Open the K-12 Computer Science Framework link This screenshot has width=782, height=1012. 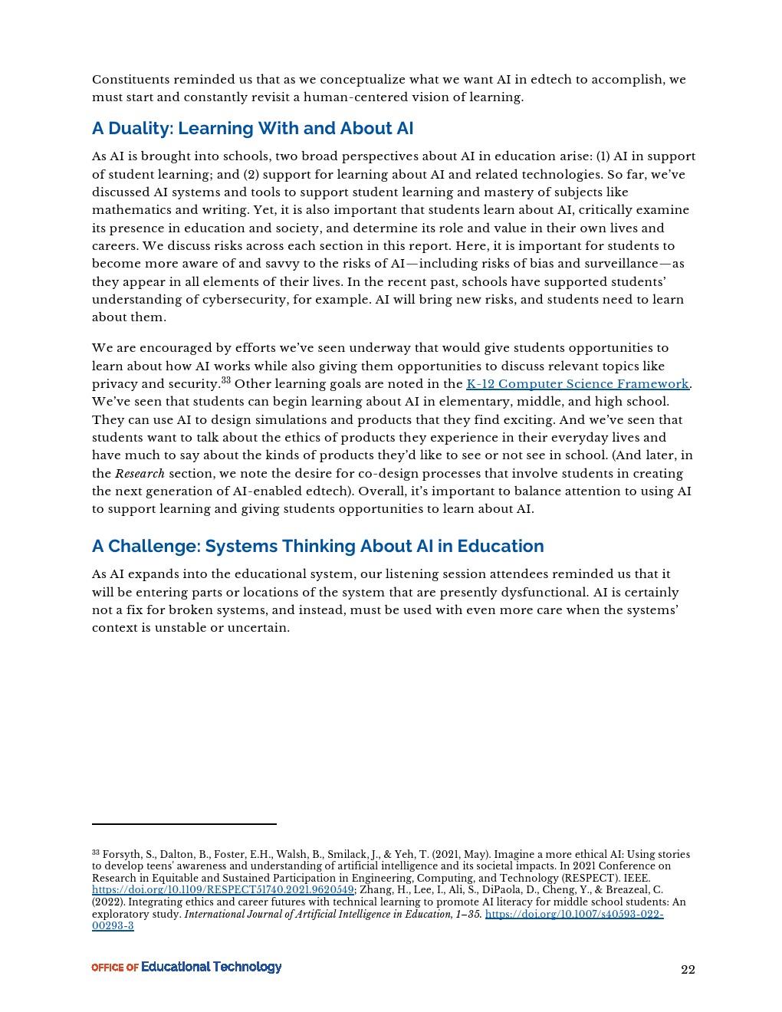click(x=577, y=384)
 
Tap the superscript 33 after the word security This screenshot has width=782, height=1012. click(x=225, y=380)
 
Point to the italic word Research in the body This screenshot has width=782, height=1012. click(x=140, y=474)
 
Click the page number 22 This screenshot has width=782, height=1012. click(x=688, y=970)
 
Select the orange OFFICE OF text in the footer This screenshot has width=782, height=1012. click(x=115, y=968)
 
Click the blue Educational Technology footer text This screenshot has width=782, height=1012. click(x=212, y=967)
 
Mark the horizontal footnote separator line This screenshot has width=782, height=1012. click(x=184, y=824)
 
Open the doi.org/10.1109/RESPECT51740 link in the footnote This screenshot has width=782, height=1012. click(x=222, y=890)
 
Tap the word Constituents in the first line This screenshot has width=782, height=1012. click(x=130, y=80)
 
